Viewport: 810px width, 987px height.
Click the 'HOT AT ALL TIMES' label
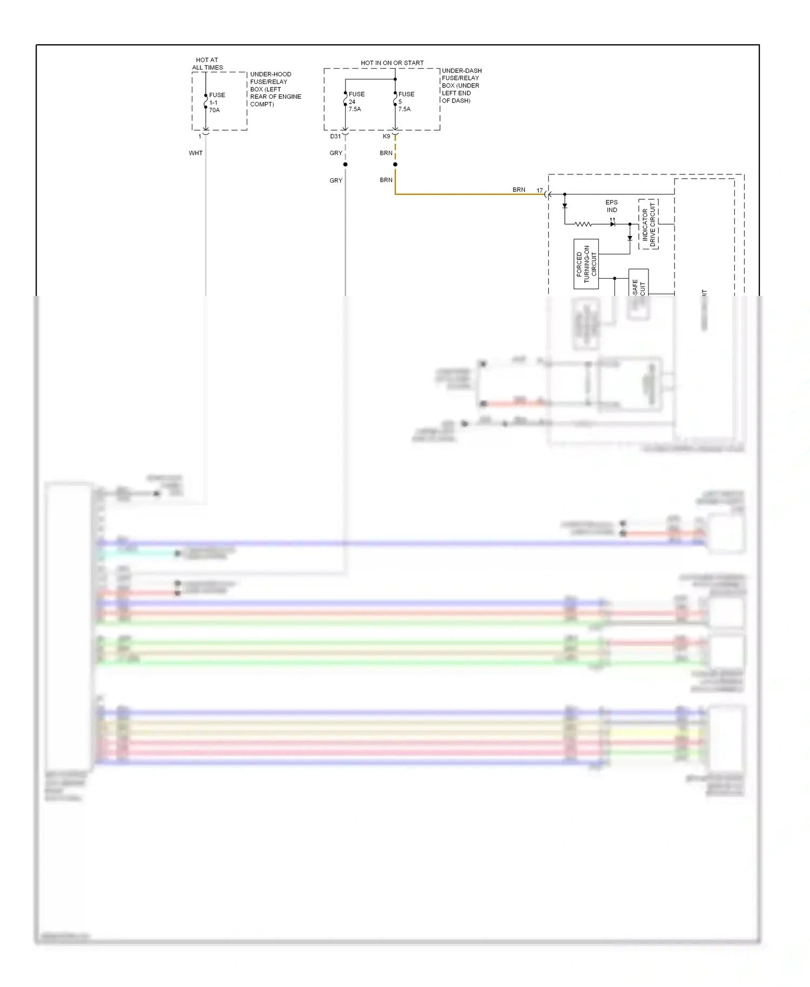(x=207, y=64)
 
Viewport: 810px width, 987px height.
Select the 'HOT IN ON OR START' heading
(x=392, y=63)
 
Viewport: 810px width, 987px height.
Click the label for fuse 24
(x=356, y=102)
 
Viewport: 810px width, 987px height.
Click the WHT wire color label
(x=195, y=153)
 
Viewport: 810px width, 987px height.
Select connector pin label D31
(x=335, y=137)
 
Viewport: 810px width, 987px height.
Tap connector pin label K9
(x=386, y=137)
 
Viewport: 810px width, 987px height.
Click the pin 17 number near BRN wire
(x=539, y=191)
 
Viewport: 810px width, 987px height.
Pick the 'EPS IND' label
(x=611, y=206)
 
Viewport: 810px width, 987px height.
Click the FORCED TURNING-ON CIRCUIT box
(x=586, y=264)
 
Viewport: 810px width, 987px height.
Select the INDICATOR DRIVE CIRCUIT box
(x=648, y=224)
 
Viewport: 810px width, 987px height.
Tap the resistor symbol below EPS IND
(x=583, y=224)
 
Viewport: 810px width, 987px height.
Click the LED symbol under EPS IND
(x=612, y=224)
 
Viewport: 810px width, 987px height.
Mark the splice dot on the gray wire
(x=345, y=164)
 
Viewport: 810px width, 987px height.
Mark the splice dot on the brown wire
(x=395, y=164)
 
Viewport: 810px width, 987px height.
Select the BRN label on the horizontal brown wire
(x=518, y=190)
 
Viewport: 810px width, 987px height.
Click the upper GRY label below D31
(x=335, y=153)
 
